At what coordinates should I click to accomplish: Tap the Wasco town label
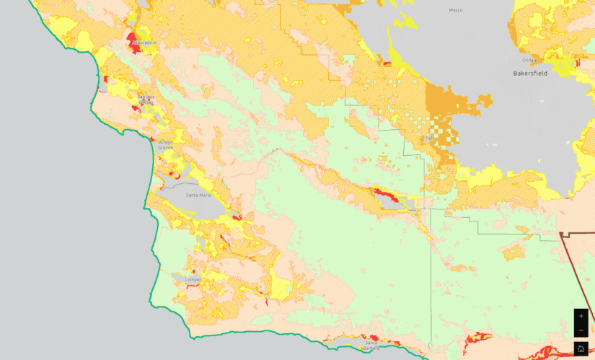[x=455, y=10]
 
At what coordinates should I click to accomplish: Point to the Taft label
[x=430, y=138]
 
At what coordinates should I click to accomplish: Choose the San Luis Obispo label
[x=146, y=99]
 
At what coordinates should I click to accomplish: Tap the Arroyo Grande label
[x=166, y=145]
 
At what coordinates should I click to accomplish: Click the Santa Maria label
[x=198, y=195]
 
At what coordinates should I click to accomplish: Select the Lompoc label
[x=194, y=279]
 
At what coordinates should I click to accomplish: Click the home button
[x=581, y=348]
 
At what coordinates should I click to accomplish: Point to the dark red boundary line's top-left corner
[x=561, y=234]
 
